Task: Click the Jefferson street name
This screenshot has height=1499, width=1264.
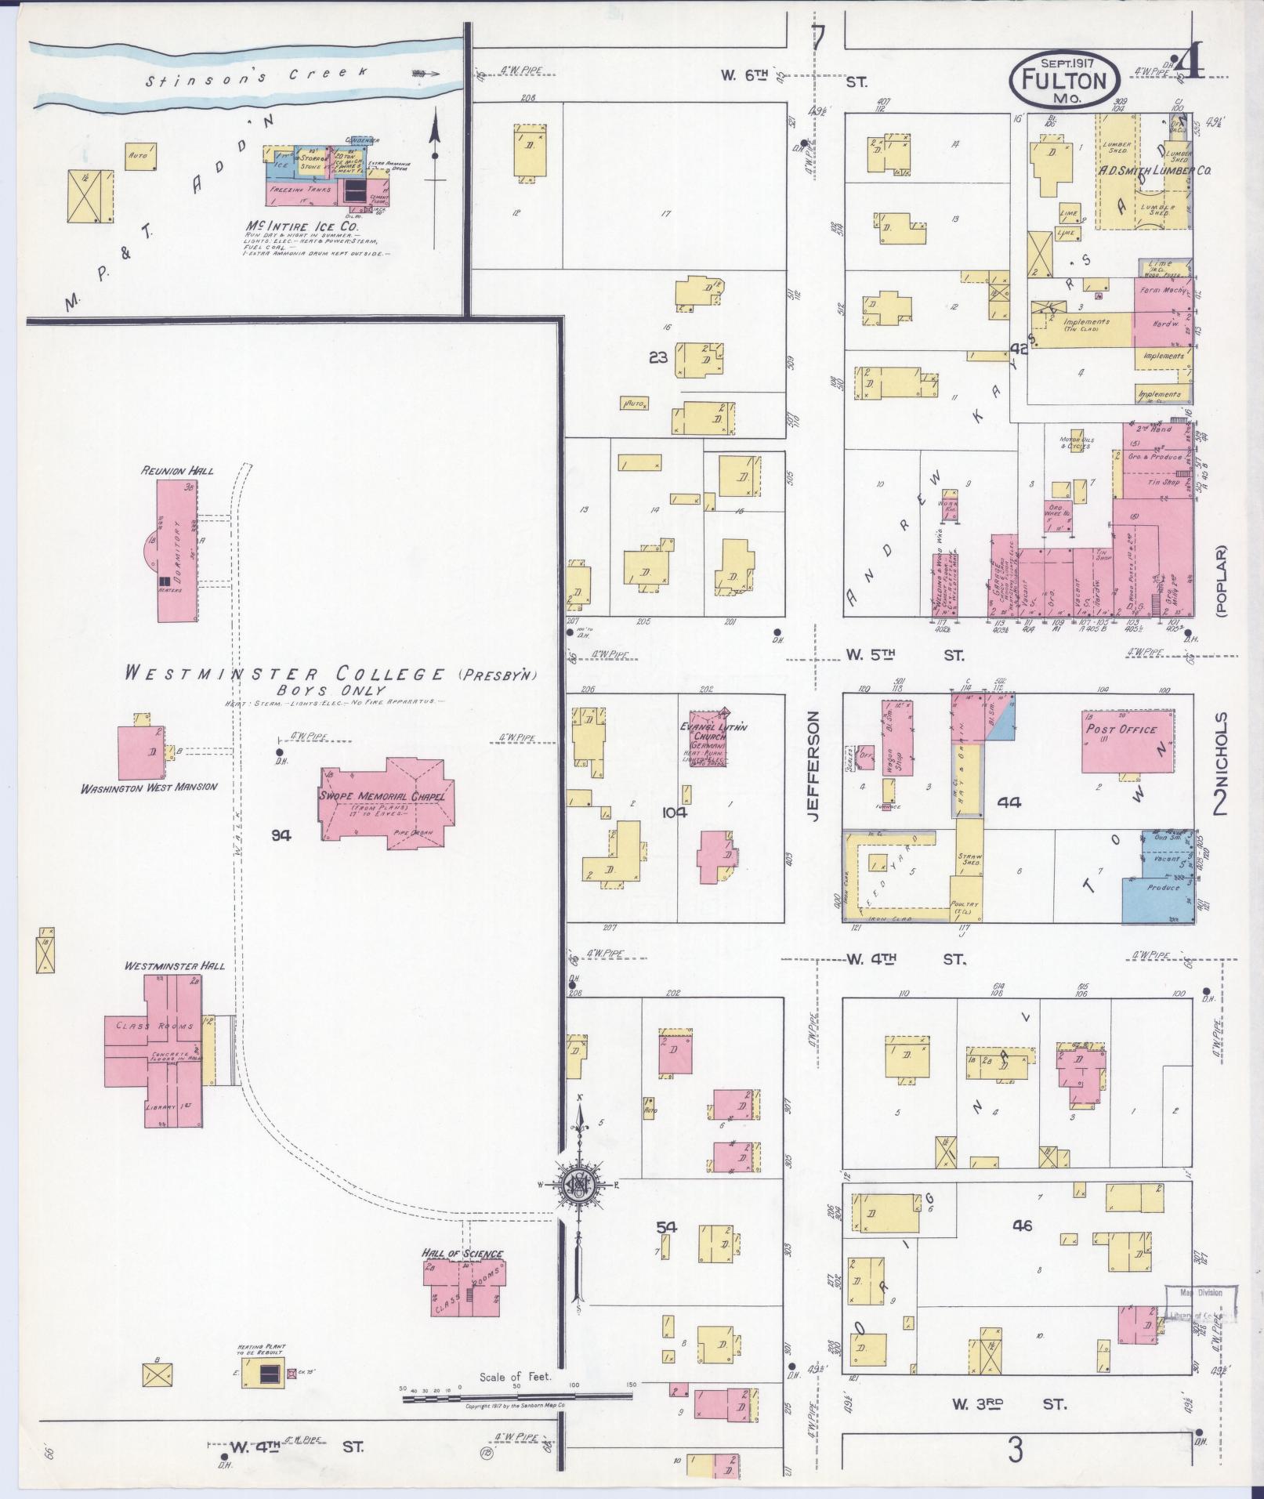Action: click(813, 766)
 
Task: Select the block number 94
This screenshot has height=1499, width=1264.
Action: click(281, 835)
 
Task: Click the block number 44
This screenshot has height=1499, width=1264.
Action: click(1009, 802)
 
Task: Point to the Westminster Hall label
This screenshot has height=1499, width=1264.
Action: click(174, 965)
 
